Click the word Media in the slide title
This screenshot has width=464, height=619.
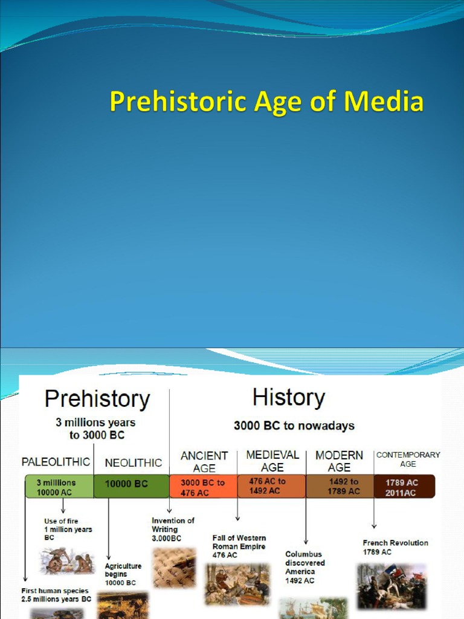click(x=384, y=102)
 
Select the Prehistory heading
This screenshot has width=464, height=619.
click(x=97, y=400)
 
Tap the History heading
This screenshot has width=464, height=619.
click(x=289, y=398)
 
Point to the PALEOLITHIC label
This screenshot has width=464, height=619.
click(x=56, y=462)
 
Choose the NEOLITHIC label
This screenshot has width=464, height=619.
click(x=134, y=463)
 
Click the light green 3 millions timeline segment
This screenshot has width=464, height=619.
click(x=59, y=487)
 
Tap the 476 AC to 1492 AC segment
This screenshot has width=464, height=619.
click(x=271, y=486)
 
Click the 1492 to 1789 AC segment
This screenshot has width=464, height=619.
click(x=340, y=487)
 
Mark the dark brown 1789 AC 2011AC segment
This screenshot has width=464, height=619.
click(x=404, y=487)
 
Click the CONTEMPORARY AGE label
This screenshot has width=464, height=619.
click(x=408, y=459)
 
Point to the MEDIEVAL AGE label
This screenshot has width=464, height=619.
click(x=272, y=461)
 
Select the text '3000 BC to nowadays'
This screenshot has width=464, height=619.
click(x=294, y=426)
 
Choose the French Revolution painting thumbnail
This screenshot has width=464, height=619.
click(x=391, y=586)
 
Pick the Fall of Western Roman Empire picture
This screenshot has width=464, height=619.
click(x=237, y=584)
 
